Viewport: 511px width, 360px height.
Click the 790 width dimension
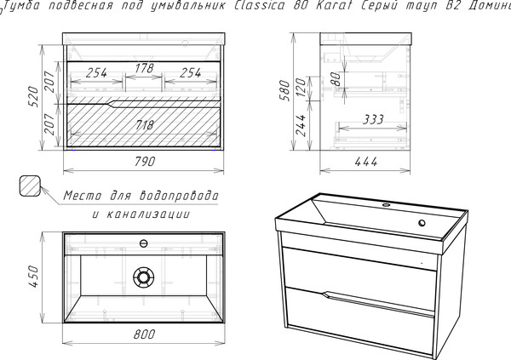[145, 162]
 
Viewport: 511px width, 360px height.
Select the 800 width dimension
[145, 334]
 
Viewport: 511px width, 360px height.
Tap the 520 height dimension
[33, 96]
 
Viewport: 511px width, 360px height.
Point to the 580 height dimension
[284, 90]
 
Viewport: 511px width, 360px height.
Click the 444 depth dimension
[366, 162]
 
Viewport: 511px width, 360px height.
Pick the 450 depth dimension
[33, 277]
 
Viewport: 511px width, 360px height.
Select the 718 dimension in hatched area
[144, 125]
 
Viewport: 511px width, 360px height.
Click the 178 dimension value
[144, 68]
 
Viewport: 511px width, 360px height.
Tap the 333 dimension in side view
[374, 120]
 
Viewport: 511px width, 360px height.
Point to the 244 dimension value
[301, 125]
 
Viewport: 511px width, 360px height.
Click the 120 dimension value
[301, 88]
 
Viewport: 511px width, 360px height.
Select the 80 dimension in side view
[336, 78]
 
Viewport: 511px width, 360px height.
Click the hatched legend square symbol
[30, 186]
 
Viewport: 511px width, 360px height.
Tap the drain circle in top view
[143, 277]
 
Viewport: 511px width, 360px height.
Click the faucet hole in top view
[143, 243]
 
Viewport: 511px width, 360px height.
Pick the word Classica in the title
[260, 6]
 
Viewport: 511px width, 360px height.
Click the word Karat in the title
[332, 6]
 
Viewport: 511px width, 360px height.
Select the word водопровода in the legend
[179, 196]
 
